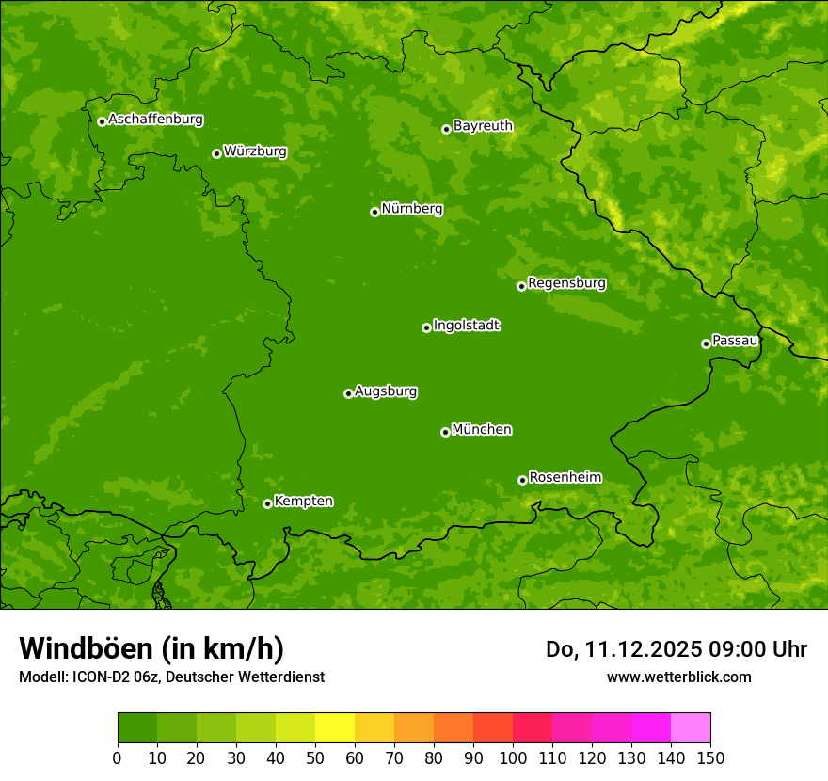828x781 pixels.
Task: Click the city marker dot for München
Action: coord(445,432)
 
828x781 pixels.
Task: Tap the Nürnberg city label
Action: coord(412,209)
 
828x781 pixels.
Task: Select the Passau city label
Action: coord(735,341)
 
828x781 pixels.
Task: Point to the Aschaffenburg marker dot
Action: coord(102,121)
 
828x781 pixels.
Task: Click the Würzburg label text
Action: coord(255,151)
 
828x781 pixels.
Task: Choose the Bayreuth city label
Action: coord(483,126)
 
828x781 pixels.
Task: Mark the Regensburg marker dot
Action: coord(521,286)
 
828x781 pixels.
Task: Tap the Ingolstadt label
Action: coord(466,326)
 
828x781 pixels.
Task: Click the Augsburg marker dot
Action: coord(348,393)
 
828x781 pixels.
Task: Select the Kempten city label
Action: coord(303,502)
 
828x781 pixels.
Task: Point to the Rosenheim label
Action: coord(565,478)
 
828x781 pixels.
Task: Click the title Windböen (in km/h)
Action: coord(151,648)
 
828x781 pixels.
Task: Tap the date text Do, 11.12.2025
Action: coord(623,649)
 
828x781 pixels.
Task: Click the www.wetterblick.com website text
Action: coord(678,677)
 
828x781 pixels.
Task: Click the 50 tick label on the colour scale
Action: coord(315,757)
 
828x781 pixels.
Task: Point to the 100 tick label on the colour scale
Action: coord(513,757)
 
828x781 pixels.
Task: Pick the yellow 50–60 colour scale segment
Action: coord(335,728)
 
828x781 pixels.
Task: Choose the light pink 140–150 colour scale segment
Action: coord(691,728)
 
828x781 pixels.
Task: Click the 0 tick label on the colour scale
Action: coord(118,757)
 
